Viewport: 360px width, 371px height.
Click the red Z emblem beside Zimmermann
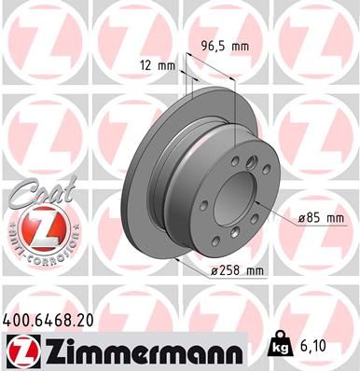[21, 350]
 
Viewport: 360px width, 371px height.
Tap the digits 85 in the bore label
[315, 218]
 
